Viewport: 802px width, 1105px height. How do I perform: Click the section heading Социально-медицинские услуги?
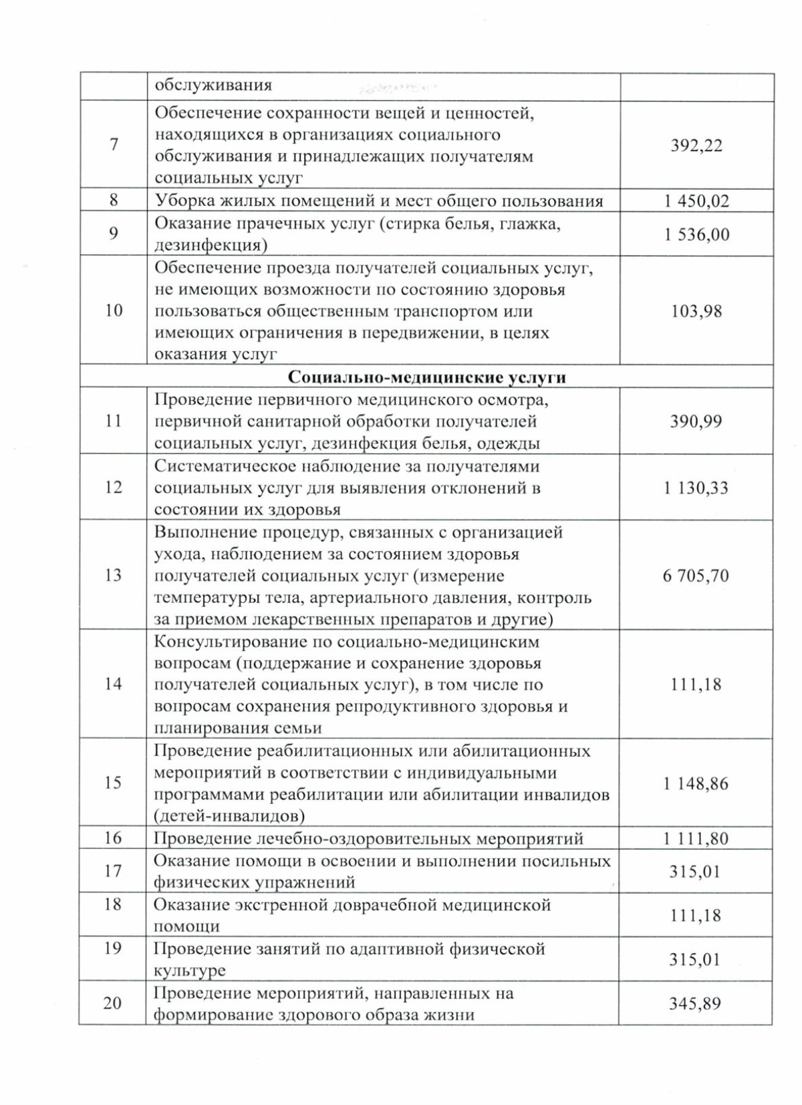pyautogui.click(x=427, y=377)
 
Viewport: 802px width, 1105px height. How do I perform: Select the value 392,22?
pyautogui.click(x=696, y=146)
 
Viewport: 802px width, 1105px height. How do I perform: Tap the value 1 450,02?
pyautogui.click(x=696, y=201)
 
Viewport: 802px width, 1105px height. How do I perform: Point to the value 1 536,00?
pyautogui.click(x=696, y=235)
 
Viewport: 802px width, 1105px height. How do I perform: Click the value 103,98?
pyautogui.click(x=696, y=311)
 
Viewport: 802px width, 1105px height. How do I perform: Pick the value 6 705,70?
pyautogui.click(x=696, y=575)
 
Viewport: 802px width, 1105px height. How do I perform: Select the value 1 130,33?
pyautogui.click(x=696, y=488)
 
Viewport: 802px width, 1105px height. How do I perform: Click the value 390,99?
pyautogui.click(x=696, y=421)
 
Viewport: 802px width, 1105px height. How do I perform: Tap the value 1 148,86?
pyautogui.click(x=696, y=783)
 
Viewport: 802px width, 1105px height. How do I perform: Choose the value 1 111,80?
pyautogui.click(x=696, y=839)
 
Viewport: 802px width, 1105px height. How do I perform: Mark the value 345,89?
pyautogui.click(x=695, y=1003)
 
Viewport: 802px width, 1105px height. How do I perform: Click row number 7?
pyautogui.click(x=114, y=144)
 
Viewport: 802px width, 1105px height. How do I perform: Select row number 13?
pyautogui.click(x=114, y=575)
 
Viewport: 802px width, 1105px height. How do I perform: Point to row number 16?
pyautogui.click(x=114, y=838)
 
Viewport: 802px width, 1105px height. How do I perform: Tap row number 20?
pyautogui.click(x=113, y=1003)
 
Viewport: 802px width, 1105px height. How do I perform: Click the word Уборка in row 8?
pyautogui.click(x=182, y=201)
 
